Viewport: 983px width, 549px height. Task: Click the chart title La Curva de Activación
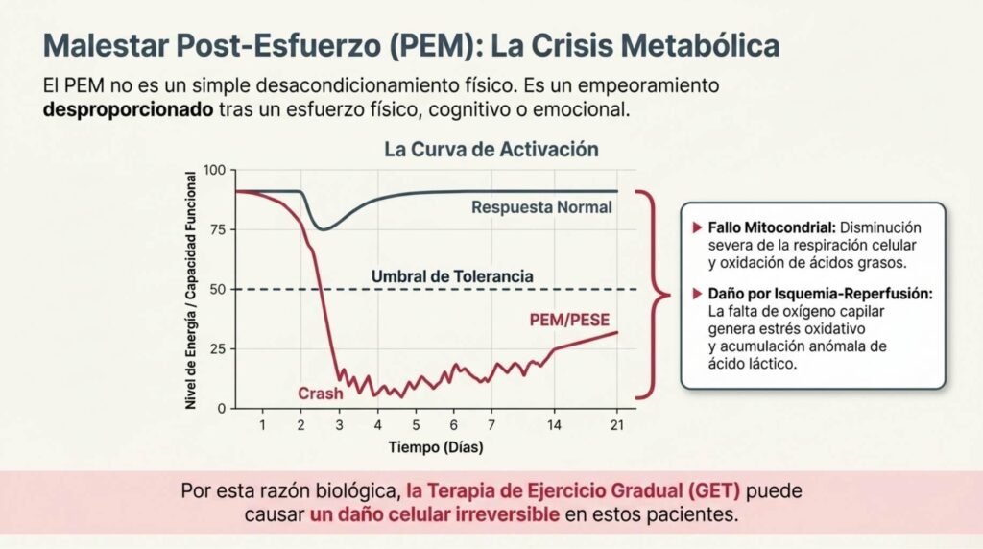[491, 149]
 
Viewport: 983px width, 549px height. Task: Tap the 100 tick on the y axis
[214, 170]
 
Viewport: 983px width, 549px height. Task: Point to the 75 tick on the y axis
[218, 229]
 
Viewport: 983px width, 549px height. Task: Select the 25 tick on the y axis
[218, 349]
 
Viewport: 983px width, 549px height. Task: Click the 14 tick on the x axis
[554, 425]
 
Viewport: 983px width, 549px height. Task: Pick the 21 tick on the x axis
[617, 425]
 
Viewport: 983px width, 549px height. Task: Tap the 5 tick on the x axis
[416, 425]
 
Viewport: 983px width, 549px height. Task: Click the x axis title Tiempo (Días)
[436, 447]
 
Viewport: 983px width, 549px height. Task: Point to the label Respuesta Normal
[541, 206]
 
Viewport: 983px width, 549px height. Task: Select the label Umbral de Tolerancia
[452, 276]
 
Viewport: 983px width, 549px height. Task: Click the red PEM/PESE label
[569, 321]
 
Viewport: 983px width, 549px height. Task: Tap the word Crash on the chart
[321, 394]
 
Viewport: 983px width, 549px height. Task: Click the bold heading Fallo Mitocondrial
[772, 227]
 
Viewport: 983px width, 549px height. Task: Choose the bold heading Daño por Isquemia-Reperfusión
[820, 294]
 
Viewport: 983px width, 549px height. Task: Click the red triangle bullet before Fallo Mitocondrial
[697, 227]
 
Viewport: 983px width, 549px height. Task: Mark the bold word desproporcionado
[129, 109]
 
